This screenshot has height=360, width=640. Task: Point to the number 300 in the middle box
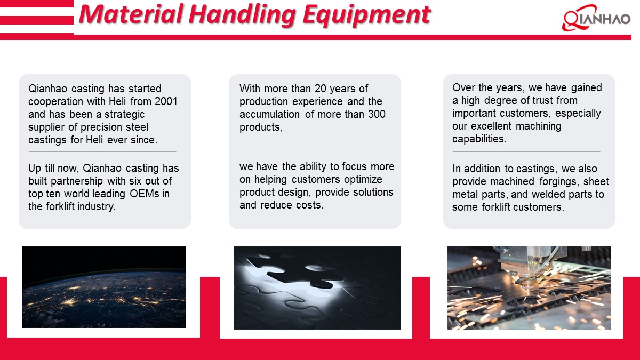tap(375, 114)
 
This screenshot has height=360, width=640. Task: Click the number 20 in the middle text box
tap(322, 89)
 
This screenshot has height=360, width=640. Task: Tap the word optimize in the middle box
tap(365, 179)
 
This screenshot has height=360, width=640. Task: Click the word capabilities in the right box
tap(478, 139)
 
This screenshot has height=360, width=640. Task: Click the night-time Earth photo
tap(104, 287)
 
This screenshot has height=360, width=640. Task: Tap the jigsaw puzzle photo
tap(317, 287)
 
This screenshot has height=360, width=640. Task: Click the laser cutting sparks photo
tap(529, 287)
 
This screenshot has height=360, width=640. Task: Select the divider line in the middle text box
tap(315, 148)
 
